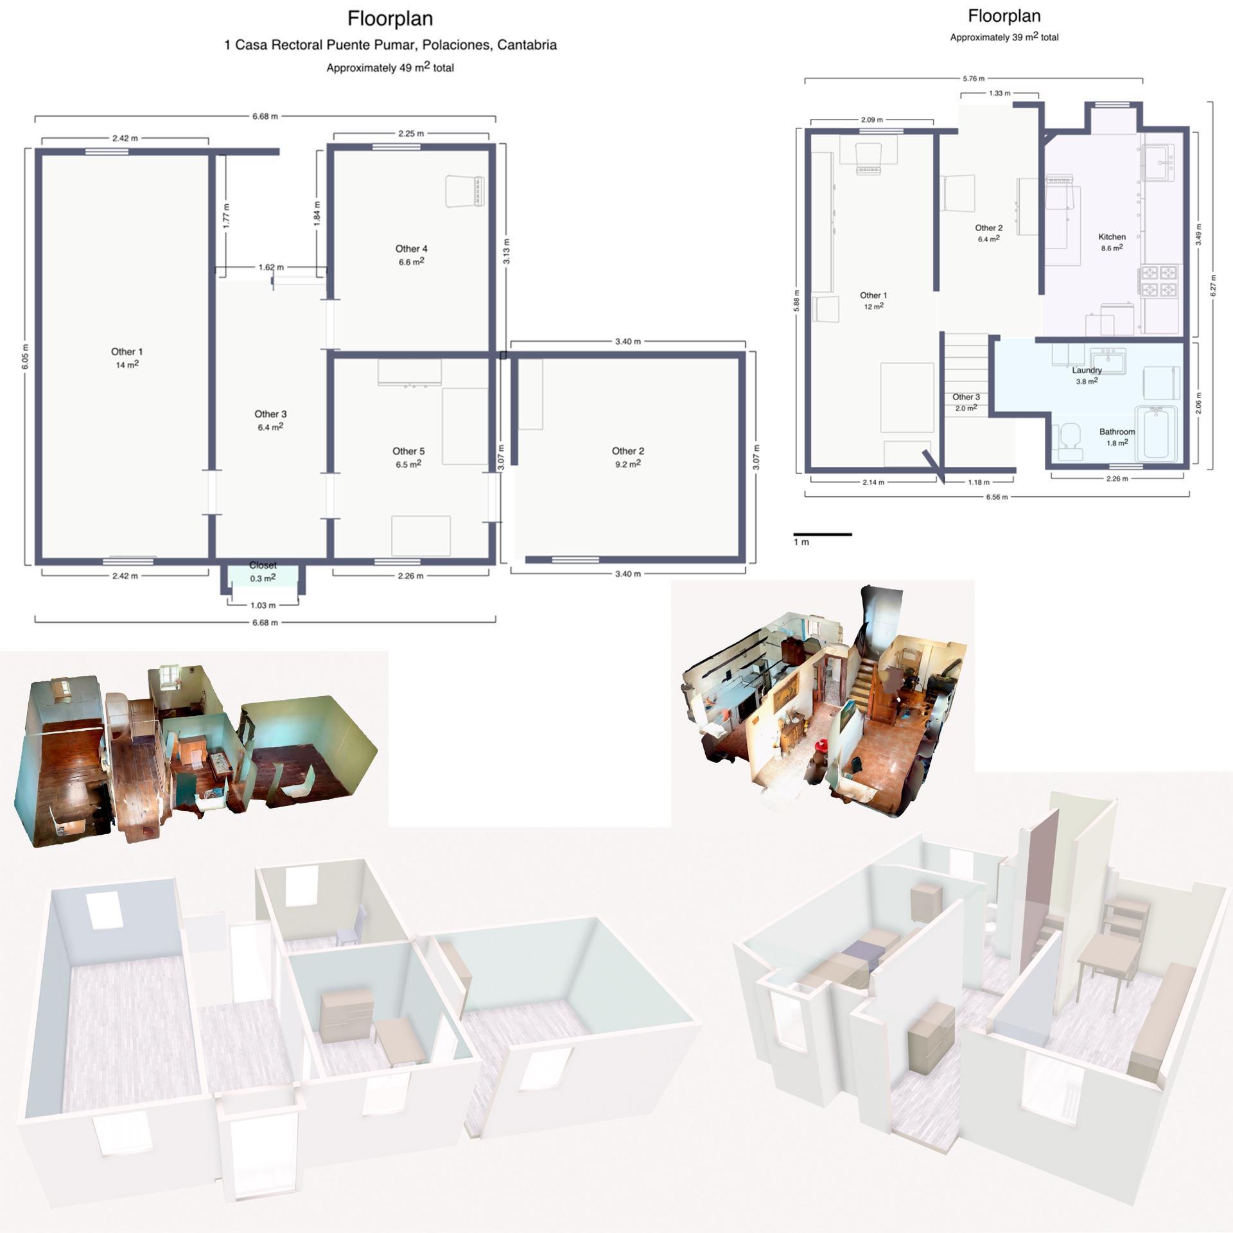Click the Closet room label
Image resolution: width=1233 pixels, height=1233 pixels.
pyautogui.click(x=263, y=565)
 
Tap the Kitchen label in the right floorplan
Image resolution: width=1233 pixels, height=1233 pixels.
pyautogui.click(x=1112, y=237)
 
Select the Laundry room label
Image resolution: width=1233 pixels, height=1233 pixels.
pyautogui.click(x=1087, y=371)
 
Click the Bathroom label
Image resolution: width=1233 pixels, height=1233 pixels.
pyautogui.click(x=1117, y=432)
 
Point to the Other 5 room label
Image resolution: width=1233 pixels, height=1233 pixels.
pyautogui.click(x=408, y=451)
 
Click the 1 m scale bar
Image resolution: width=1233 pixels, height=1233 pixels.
pyautogui.click(x=822, y=534)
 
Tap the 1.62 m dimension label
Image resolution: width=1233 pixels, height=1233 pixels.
pyautogui.click(x=271, y=267)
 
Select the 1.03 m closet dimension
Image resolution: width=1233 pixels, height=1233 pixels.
pyautogui.click(x=263, y=606)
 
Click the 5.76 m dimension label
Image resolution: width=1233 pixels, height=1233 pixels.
pyautogui.click(x=974, y=79)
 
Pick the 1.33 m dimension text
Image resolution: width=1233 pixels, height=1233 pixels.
pyautogui.click(x=999, y=94)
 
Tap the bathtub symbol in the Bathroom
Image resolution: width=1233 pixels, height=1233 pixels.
pyautogui.click(x=1156, y=435)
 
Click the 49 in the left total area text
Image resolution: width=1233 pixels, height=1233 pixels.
pyautogui.click(x=405, y=68)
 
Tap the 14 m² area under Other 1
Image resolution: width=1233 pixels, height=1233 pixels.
pyautogui.click(x=127, y=365)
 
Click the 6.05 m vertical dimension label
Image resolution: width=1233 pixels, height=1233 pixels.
pyautogui.click(x=25, y=356)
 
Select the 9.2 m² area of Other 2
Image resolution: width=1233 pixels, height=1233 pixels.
pyautogui.click(x=627, y=464)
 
